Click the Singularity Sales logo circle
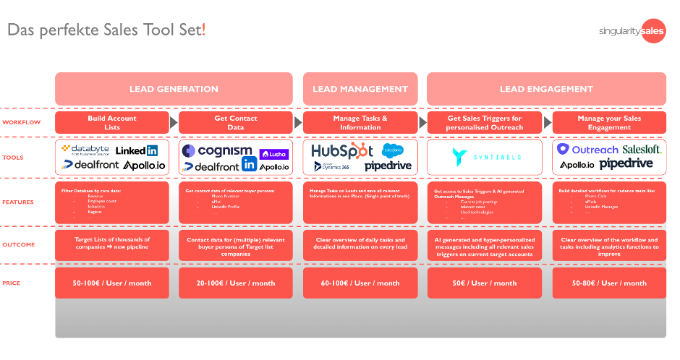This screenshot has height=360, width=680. [x=653, y=31]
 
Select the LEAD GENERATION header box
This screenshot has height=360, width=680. [x=174, y=89]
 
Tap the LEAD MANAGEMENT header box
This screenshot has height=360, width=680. [x=360, y=89]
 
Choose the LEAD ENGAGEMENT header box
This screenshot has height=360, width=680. [x=546, y=89]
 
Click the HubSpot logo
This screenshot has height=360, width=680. [x=341, y=150]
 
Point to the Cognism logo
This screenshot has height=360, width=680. [x=217, y=150]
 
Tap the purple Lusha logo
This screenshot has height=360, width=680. [x=273, y=154]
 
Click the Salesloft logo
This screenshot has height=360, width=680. [x=642, y=149]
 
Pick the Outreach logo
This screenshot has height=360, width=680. [x=587, y=150]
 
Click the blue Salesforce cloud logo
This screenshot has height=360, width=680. [x=392, y=150]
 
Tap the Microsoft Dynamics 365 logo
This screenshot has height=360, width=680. [x=332, y=166]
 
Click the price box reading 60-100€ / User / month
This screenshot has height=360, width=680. [x=360, y=283]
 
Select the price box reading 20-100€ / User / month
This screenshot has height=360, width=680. [x=236, y=283]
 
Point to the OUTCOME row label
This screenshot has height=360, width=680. [x=19, y=244]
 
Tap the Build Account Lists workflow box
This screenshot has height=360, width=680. [x=111, y=123]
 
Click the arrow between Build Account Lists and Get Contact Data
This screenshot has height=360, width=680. [x=174, y=123]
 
